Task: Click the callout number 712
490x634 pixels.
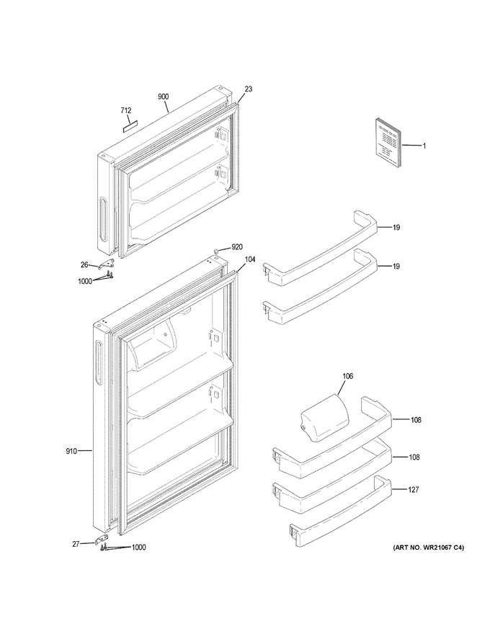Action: tap(125, 110)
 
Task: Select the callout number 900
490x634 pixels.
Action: tap(164, 97)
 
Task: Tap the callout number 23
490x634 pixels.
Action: tap(248, 89)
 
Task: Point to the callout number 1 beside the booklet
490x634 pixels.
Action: tap(424, 146)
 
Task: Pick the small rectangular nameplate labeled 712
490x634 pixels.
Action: tap(128, 128)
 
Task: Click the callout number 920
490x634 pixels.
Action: tap(236, 247)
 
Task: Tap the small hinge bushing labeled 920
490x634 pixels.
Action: tap(216, 252)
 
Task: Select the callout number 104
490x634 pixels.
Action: tap(250, 259)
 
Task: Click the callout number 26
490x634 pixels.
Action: tap(84, 265)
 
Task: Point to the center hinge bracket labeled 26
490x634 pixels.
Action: tap(107, 263)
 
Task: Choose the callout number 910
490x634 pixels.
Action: tap(71, 451)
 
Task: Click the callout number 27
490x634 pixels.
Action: tap(76, 544)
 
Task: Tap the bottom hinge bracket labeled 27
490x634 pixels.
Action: tap(102, 540)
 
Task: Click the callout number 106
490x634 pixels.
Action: tap(348, 376)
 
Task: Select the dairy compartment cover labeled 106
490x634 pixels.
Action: tap(324, 419)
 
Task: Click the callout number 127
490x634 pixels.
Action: tap(413, 490)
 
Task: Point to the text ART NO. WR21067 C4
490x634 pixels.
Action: tap(429, 548)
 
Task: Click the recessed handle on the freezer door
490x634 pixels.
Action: tap(103, 220)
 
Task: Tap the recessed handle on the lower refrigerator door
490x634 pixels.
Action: tap(98, 362)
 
